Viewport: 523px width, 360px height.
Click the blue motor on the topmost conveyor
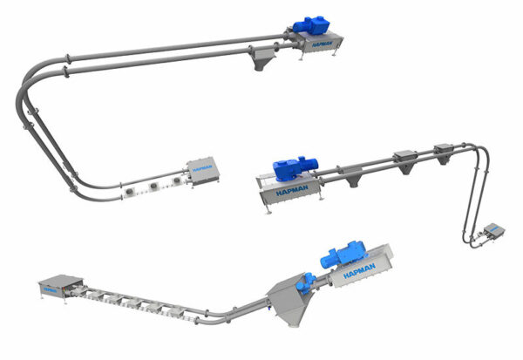click(311, 24)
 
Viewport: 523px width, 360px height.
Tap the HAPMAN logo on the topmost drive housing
click(323, 44)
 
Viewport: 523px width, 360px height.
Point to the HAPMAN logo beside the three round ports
click(202, 168)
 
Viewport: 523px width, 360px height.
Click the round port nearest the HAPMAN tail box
click(176, 180)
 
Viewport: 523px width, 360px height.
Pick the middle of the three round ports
click(153, 187)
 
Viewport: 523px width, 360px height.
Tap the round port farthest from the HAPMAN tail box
click(129, 192)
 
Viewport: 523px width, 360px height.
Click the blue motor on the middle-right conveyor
click(295, 167)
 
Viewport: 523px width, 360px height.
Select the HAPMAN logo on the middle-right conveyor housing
click(292, 191)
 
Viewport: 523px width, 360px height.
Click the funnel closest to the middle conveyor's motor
click(352, 176)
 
